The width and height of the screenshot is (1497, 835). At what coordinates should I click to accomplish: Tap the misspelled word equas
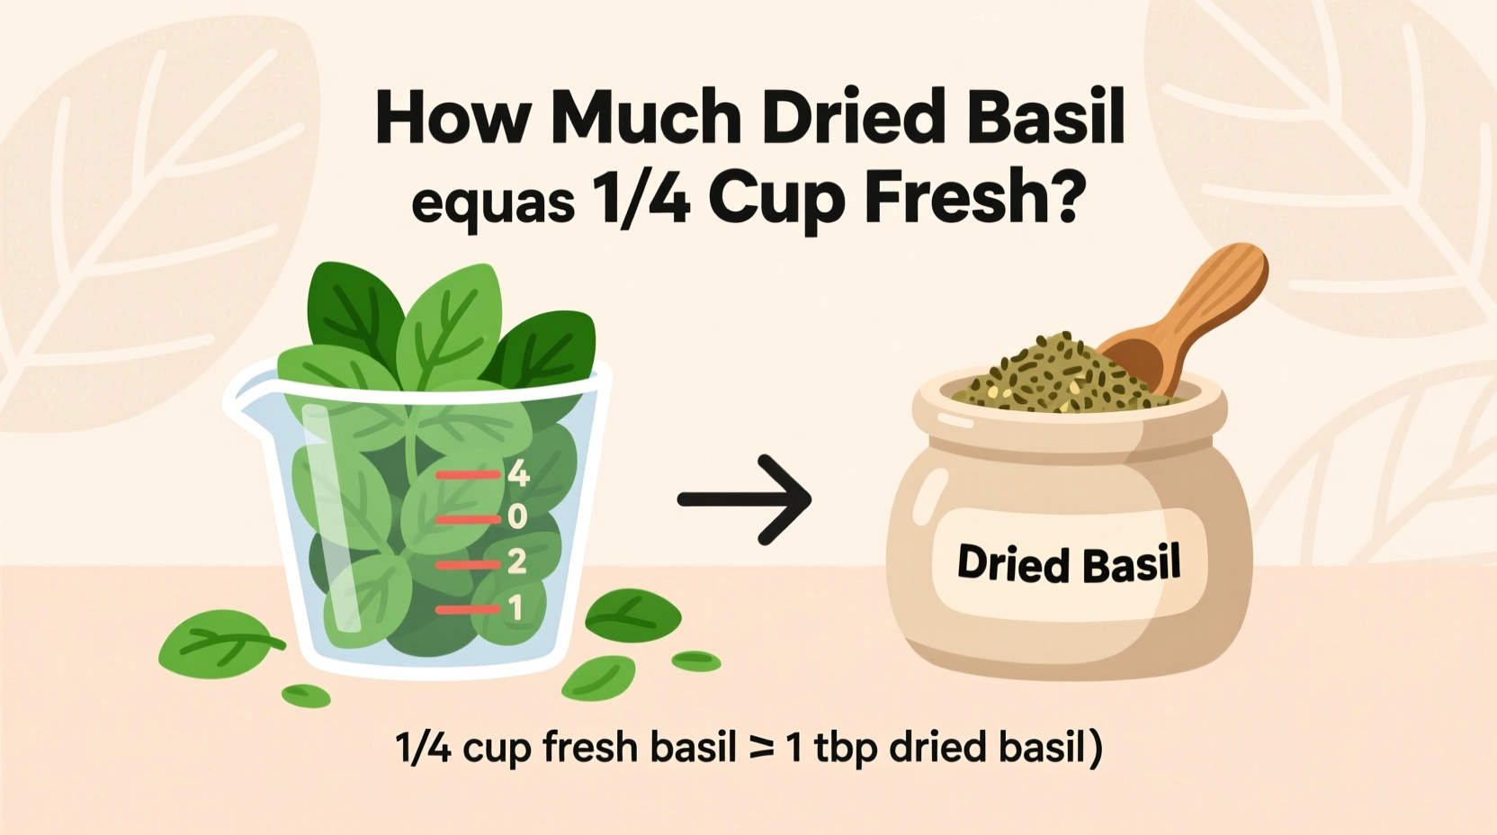click(492, 202)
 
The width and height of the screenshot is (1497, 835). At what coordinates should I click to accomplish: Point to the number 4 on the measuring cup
click(518, 473)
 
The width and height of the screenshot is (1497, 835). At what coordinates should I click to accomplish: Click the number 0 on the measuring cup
click(517, 517)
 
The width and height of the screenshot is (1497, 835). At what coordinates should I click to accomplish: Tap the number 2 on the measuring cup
click(516, 562)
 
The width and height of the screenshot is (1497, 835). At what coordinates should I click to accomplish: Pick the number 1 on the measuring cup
click(515, 609)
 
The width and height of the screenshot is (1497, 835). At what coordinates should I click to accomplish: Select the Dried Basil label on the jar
click(1069, 564)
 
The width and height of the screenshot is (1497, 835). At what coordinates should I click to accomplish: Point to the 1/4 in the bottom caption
click(423, 749)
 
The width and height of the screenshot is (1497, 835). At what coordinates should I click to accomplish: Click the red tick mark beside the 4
click(468, 474)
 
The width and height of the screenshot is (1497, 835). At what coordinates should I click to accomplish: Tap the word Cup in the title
click(779, 200)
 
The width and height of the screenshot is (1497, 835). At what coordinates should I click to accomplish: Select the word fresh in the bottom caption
click(590, 749)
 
